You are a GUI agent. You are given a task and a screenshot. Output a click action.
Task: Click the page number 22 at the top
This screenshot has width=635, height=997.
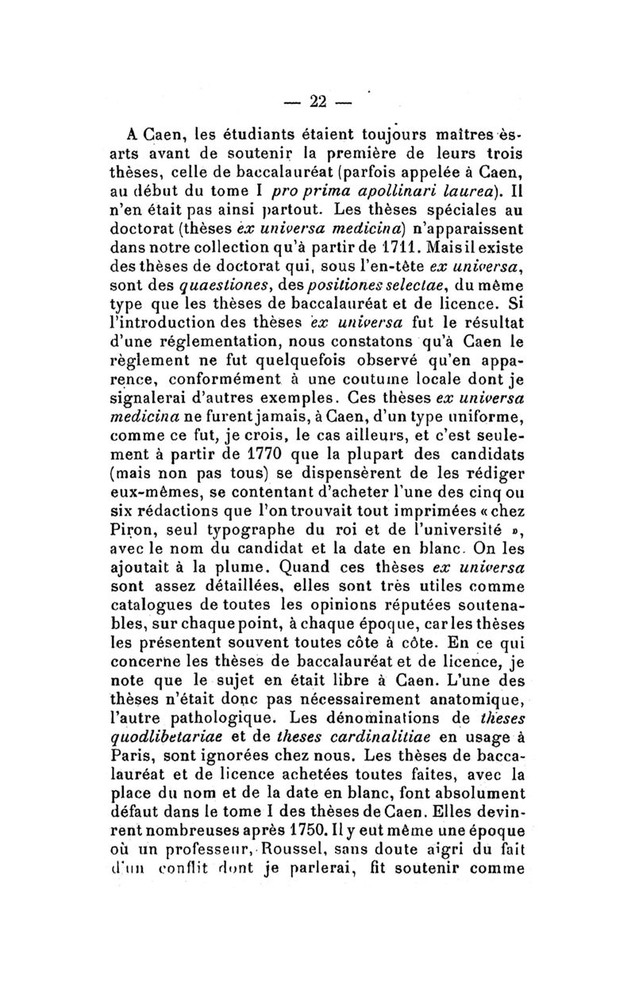[x=318, y=101]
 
